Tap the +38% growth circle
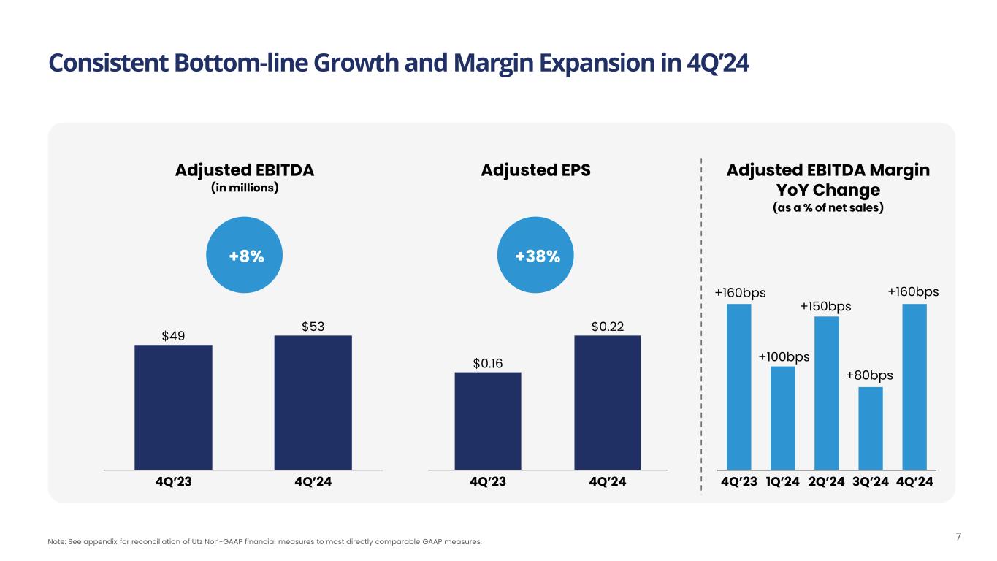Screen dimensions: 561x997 (537, 256)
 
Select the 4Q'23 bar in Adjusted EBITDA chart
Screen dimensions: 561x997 (173, 407)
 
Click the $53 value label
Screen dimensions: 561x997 (313, 326)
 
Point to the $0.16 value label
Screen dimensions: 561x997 (487, 363)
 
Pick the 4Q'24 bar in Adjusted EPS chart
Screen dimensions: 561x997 (607, 402)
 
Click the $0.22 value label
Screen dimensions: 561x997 (607, 326)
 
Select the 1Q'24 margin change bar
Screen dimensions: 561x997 (782, 417)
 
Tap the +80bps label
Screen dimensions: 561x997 (870, 375)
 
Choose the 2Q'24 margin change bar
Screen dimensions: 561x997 (826, 392)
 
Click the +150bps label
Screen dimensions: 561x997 (826, 307)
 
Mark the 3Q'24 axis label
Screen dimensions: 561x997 (870, 482)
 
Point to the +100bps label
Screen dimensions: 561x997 (784, 357)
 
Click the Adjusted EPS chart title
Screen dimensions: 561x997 (535, 170)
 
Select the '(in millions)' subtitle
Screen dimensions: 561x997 (245, 188)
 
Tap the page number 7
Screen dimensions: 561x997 (958, 538)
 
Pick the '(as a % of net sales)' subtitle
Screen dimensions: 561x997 (828, 207)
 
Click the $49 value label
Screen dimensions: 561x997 (173, 335)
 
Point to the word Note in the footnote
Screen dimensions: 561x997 (56, 542)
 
